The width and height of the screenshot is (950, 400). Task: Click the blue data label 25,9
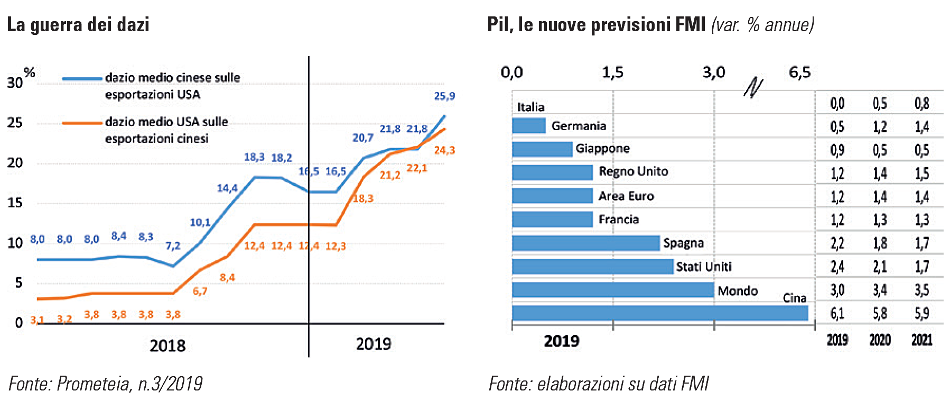(x=444, y=96)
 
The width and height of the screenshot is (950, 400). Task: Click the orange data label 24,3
(x=444, y=150)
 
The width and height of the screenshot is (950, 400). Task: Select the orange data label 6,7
(x=200, y=291)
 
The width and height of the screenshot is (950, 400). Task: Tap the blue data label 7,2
(x=173, y=246)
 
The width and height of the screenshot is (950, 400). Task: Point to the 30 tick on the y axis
(x=15, y=83)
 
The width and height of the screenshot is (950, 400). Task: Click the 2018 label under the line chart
(x=167, y=346)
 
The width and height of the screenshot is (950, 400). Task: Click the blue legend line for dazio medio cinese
(x=82, y=79)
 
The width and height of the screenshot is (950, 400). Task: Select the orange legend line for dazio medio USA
(x=82, y=123)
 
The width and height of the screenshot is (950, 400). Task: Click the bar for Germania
(x=528, y=126)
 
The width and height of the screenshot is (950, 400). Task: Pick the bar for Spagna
(x=585, y=243)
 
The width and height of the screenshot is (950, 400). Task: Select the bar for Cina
(x=659, y=313)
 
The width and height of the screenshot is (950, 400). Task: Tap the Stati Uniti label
(x=704, y=267)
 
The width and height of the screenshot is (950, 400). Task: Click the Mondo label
(x=737, y=291)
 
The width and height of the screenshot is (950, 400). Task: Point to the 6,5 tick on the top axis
(x=799, y=72)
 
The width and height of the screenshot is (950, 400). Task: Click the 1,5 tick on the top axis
(x=612, y=72)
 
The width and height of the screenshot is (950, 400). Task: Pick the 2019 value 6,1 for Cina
(x=837, y=314)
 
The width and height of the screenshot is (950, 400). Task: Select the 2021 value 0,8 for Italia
(x=921, y=104)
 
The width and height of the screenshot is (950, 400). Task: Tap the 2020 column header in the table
(x=879, y=340)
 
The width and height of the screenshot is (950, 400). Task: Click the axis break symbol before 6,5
(x=753, y=88)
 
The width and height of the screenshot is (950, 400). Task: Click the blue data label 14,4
(x=227, y=188)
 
